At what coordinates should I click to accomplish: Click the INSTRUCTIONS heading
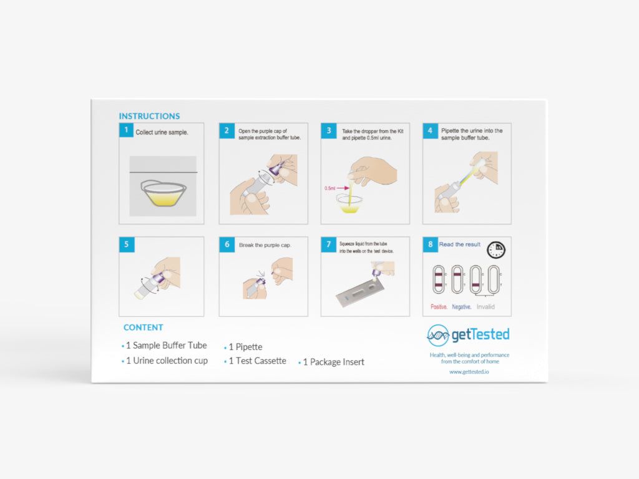coord(149,116)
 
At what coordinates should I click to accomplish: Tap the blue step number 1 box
coord(126,130)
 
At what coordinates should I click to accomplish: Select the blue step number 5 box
coord(126,244)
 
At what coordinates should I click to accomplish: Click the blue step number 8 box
coord(430,244)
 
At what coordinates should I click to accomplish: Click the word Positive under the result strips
coord(439,307)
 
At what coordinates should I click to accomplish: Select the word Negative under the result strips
coord(461,307)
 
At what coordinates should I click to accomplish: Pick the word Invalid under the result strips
coord(485,307)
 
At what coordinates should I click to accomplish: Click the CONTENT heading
coord(143,327)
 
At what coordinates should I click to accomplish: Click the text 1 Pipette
coord(245,347)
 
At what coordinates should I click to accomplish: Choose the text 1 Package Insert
coord(333,362)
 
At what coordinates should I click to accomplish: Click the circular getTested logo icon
coord(438,336)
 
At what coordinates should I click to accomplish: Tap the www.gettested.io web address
coord(469,372)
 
